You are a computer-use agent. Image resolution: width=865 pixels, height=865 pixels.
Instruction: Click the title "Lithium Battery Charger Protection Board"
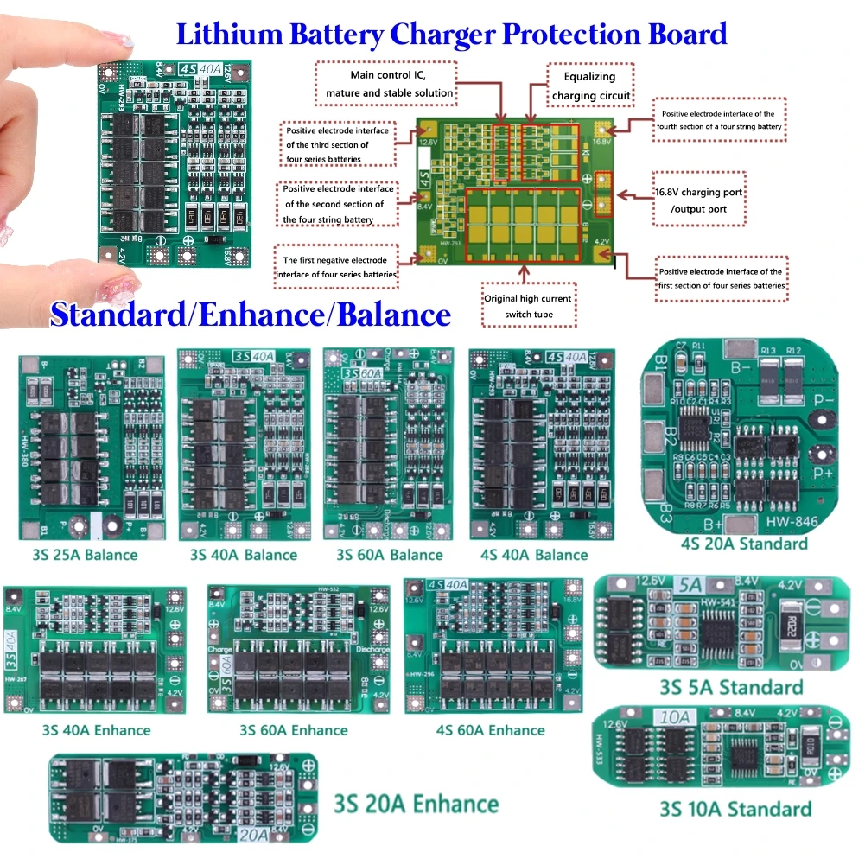pyautogui.click(x=451, y=34)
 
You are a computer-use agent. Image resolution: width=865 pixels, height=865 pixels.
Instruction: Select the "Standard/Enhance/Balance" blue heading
pyautogui.click(x=251, y=315)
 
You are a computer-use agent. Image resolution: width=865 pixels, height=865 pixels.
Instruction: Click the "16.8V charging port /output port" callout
pyautogui.click(x=700, y=200)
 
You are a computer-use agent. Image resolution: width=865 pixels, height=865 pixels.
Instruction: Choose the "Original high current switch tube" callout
pyautogui.click(x=527, y=307)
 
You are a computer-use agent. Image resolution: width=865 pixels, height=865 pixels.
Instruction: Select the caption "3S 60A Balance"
pyautogui.click(x=389, y=555)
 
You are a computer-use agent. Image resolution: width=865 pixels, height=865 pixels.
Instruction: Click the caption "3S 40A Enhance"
pyautogui.click(x=96, y=730)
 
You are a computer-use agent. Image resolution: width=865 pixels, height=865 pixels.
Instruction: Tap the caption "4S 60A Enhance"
pyautogui.click(x=491, y=730)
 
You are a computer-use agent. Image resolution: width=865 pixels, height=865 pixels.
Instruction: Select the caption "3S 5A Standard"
pyautogui.click(x=730, y=688)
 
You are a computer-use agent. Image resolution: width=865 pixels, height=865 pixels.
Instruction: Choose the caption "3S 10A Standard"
pyautogui.click(x=735, y=809)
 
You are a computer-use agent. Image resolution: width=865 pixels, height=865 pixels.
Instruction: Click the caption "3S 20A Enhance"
pyautogui.click(x=417, y=805)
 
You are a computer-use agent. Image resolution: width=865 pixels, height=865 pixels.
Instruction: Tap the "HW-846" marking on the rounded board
pyautogui.click(x=783, y=523)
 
